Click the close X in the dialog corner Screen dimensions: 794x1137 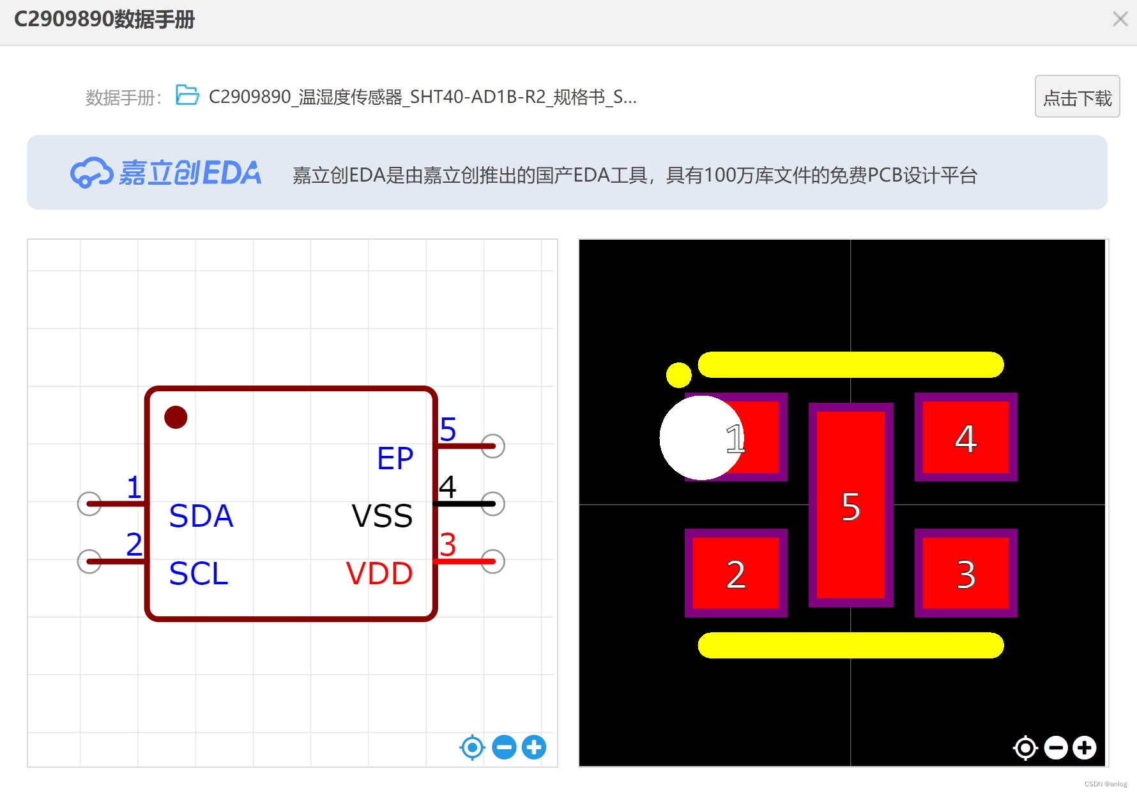[x=1120, y=19]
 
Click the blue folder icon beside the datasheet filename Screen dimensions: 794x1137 [x=187, y=95]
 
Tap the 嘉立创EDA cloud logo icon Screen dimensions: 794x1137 [x=91, y=173]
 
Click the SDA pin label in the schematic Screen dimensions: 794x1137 [x=201, y=516]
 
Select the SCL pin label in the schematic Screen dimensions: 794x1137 [x=199, y=573]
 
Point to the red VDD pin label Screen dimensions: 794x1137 [x=379, y=573]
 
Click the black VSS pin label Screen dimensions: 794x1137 [x=382, y=516]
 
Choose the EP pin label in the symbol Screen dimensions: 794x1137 [x=395, y=458]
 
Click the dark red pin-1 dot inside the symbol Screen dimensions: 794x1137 [x=176, y=417]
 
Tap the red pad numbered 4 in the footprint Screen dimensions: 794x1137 [x=965, y=438]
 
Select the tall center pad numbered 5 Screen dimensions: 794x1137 [x=851, y=505]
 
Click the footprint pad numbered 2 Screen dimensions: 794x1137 [x=736, y=573]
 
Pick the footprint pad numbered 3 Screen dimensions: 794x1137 [x=965, y=573]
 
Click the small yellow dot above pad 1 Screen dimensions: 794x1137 [x=678, y=375]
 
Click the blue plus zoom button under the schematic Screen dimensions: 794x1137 [x=534, y=747]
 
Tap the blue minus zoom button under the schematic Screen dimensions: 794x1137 [x=504, y=747]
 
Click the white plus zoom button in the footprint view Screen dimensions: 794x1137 [x=1084, y=747]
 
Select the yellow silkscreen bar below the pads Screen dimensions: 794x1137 [x=851, y=645]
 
